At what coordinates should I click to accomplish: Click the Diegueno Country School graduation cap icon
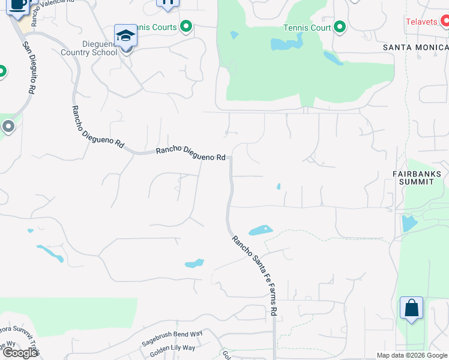125,36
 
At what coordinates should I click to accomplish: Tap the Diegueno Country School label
89,47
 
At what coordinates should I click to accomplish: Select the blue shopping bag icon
411,308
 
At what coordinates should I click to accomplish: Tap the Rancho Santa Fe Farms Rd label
255,275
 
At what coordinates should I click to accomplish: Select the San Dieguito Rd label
28,67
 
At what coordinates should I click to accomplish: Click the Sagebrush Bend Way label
172,338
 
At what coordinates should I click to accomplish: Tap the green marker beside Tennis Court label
339,27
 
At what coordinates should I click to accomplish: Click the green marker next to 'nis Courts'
186,27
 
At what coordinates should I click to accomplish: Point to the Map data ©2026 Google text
411,355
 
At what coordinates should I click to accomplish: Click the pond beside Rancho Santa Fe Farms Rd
261,230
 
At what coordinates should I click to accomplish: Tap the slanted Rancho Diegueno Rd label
97,127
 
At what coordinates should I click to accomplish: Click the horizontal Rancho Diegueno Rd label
190,154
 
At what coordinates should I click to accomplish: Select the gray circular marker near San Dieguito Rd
8,127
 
